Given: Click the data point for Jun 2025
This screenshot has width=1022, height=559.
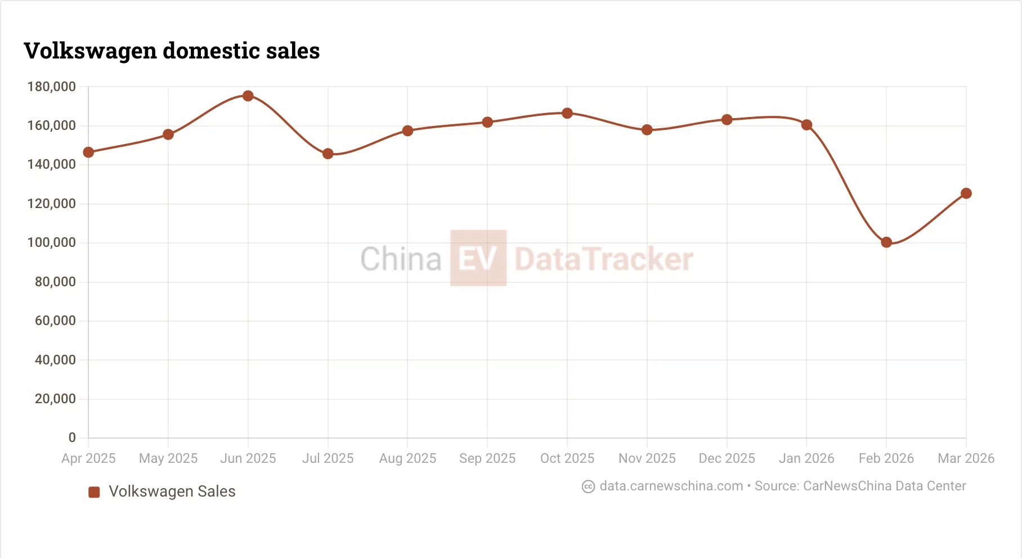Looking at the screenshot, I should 248,96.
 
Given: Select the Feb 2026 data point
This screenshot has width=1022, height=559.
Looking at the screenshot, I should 886,242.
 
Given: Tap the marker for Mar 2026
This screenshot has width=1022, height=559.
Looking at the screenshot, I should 966,193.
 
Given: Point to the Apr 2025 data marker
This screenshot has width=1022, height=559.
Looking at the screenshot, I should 88,152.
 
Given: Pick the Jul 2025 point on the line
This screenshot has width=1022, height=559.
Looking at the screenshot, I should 328,154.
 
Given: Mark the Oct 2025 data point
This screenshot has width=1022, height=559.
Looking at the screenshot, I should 567,113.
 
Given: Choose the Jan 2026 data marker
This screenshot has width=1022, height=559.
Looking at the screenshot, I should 806,125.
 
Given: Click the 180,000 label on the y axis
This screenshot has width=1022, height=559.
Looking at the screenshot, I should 51,87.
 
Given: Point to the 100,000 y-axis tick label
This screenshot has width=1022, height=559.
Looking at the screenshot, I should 51,242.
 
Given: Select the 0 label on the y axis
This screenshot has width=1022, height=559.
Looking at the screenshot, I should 72,438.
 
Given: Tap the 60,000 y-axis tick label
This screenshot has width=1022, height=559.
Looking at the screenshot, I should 55,321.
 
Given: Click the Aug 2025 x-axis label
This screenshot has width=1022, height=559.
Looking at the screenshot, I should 407,458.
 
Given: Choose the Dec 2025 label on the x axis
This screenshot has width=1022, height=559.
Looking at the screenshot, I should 727,458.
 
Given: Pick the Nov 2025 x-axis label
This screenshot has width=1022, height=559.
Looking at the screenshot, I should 647,458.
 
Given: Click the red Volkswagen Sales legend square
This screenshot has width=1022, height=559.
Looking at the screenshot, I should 94,492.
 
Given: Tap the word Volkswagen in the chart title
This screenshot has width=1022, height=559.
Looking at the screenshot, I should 91,51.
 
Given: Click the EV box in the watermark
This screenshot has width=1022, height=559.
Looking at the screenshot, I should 478,258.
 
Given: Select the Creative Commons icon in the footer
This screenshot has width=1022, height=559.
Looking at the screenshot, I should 588,486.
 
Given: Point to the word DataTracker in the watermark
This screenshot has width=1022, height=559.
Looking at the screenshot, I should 603,259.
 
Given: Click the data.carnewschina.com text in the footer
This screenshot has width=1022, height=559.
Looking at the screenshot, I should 671,486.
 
